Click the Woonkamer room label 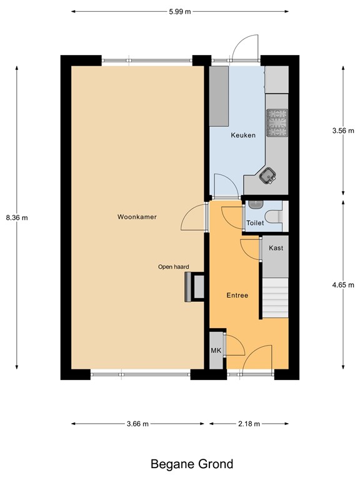(136, 217)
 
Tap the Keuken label (243, 135)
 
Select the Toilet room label (255, 222)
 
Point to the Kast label (276, 247)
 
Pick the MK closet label (216, 350)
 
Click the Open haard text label (173, 266)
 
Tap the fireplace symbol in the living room (194, 287)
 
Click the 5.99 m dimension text (180, 11)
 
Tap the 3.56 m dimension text (342, 131)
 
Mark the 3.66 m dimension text (137, 424)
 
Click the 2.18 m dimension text (249, 424)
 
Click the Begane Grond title (192, 464)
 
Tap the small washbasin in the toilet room (252, 204)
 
